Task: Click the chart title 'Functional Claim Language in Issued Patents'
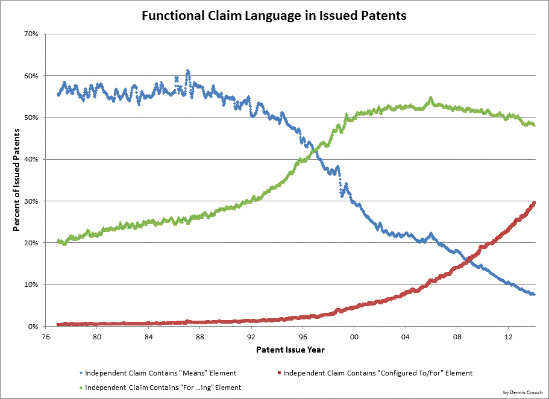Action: [x=274, y=16]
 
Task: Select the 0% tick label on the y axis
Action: [x=33, y=326]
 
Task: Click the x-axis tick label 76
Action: [x=45, y=336]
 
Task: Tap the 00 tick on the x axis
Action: [x=354, y=336]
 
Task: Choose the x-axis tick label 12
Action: [x=508, y=336]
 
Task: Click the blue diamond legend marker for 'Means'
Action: [x=81, y=373]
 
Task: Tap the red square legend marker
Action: [x=277, y=373]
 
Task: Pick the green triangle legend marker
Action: [x=81, y=388]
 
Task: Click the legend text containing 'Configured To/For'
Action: [x=378, y=373]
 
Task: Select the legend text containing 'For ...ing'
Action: [x=163, y=388]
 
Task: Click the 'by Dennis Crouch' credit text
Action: [x=523, y=392]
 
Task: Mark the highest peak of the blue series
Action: [x=188, y=71]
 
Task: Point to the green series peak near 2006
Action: [x=430, y=98]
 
